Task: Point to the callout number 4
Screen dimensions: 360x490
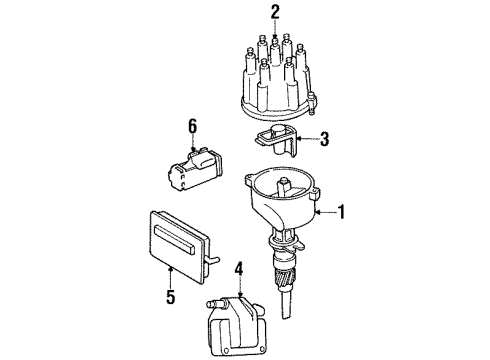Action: (238, 267)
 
